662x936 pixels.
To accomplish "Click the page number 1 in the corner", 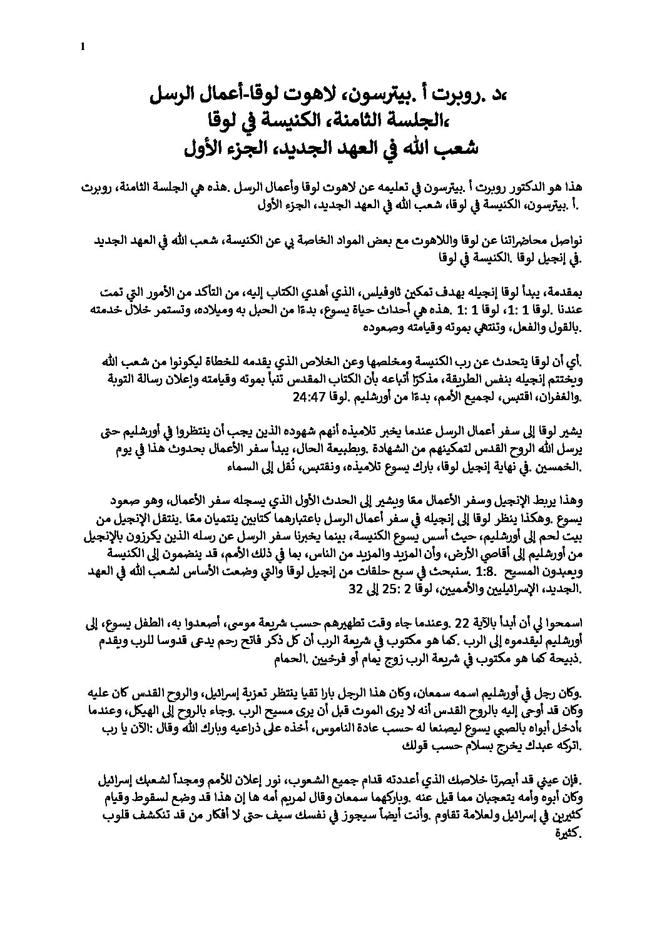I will click(83, 45).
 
